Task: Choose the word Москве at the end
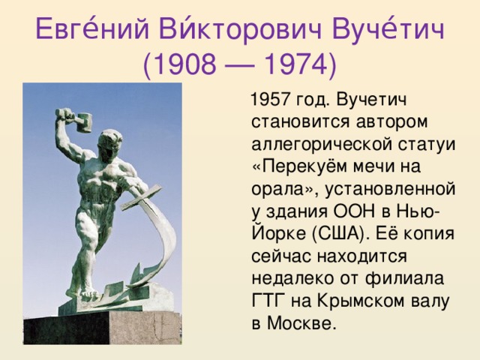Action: click(x=303, y=324)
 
